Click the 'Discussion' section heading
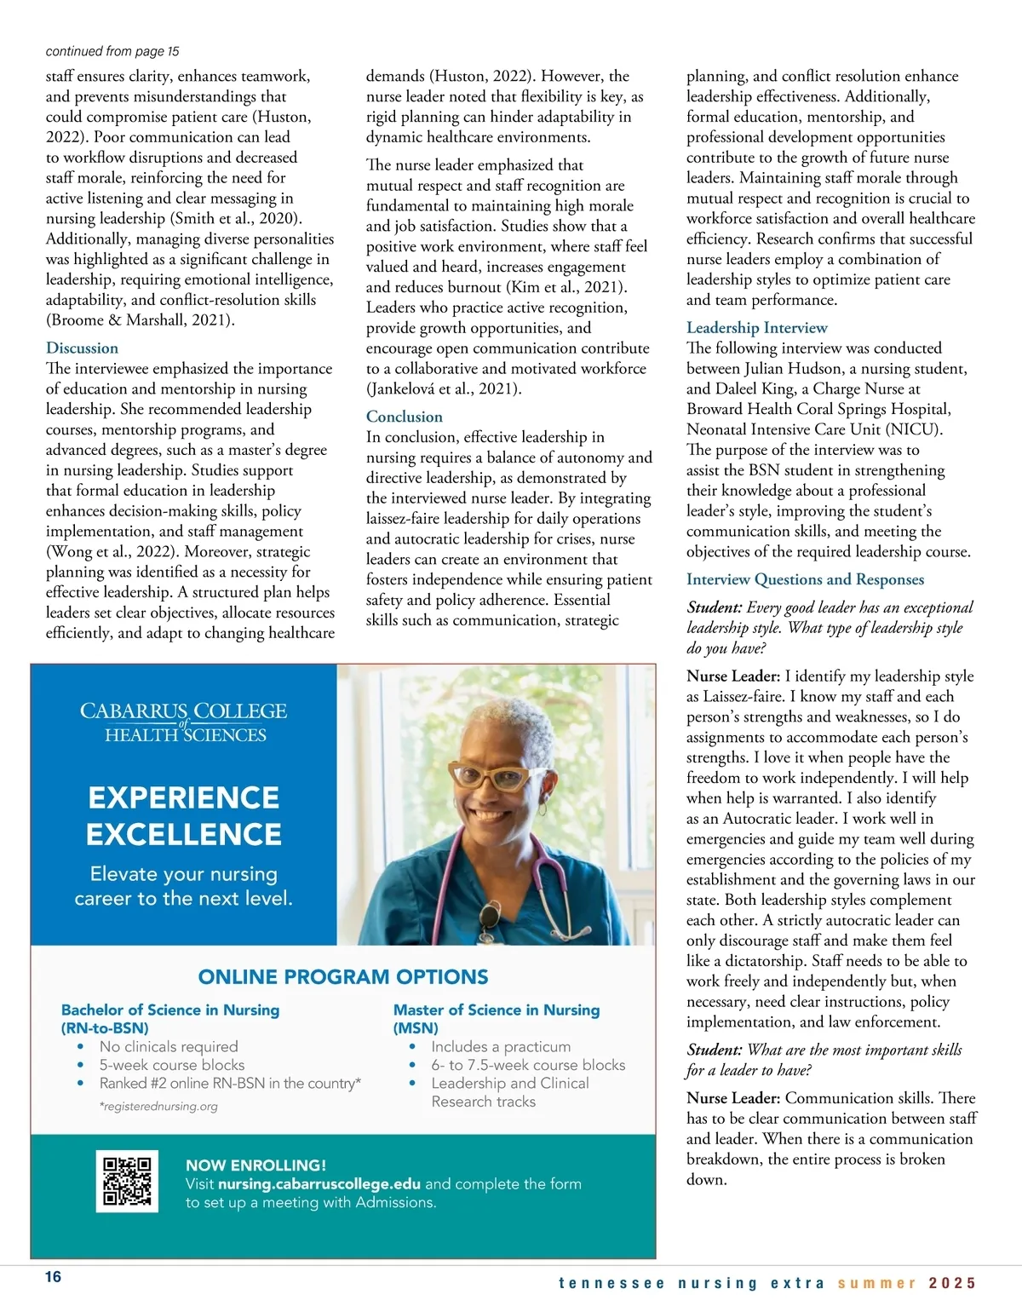pos(82,348)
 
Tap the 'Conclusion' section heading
pos(404,417)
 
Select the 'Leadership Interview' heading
pos(756,327)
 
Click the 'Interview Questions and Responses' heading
pos(805,579)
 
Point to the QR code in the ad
pos(127,1181)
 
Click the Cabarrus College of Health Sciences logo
pos(183,722)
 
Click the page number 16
pos(53,1277)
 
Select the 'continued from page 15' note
pos(112,51)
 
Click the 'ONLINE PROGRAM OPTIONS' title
pos(343,977)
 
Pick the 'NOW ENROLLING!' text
pos(255,1165)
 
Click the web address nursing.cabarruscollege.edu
pos(319,1184)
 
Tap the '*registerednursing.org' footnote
pos(158,1107)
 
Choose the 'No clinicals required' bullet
pos(169,1046)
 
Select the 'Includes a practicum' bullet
pos(501,1046)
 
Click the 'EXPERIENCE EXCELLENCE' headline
pos(183,815)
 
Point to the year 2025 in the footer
pos(952,1283)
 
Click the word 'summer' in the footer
pos(876,1283)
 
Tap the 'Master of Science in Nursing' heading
pos(497,1010)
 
